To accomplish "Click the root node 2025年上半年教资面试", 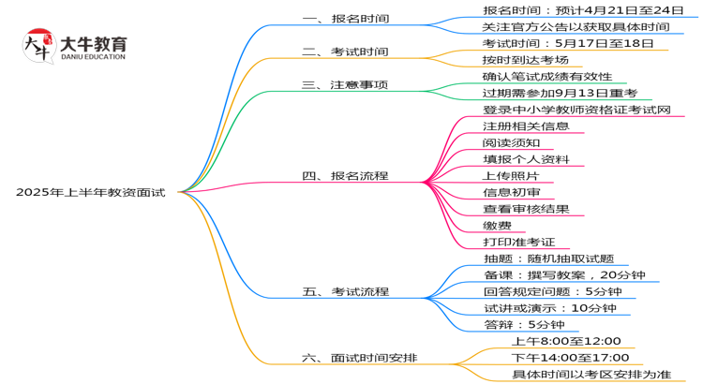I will [x=90, y=192].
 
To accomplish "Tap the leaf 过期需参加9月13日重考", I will [x=560, y=93].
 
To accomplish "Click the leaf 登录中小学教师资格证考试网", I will [x=576, y=110].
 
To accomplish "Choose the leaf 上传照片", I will [x=511, y=175].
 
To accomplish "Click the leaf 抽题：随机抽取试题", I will [x=549, y=259].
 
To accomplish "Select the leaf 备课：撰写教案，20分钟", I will [x=564, y=275].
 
